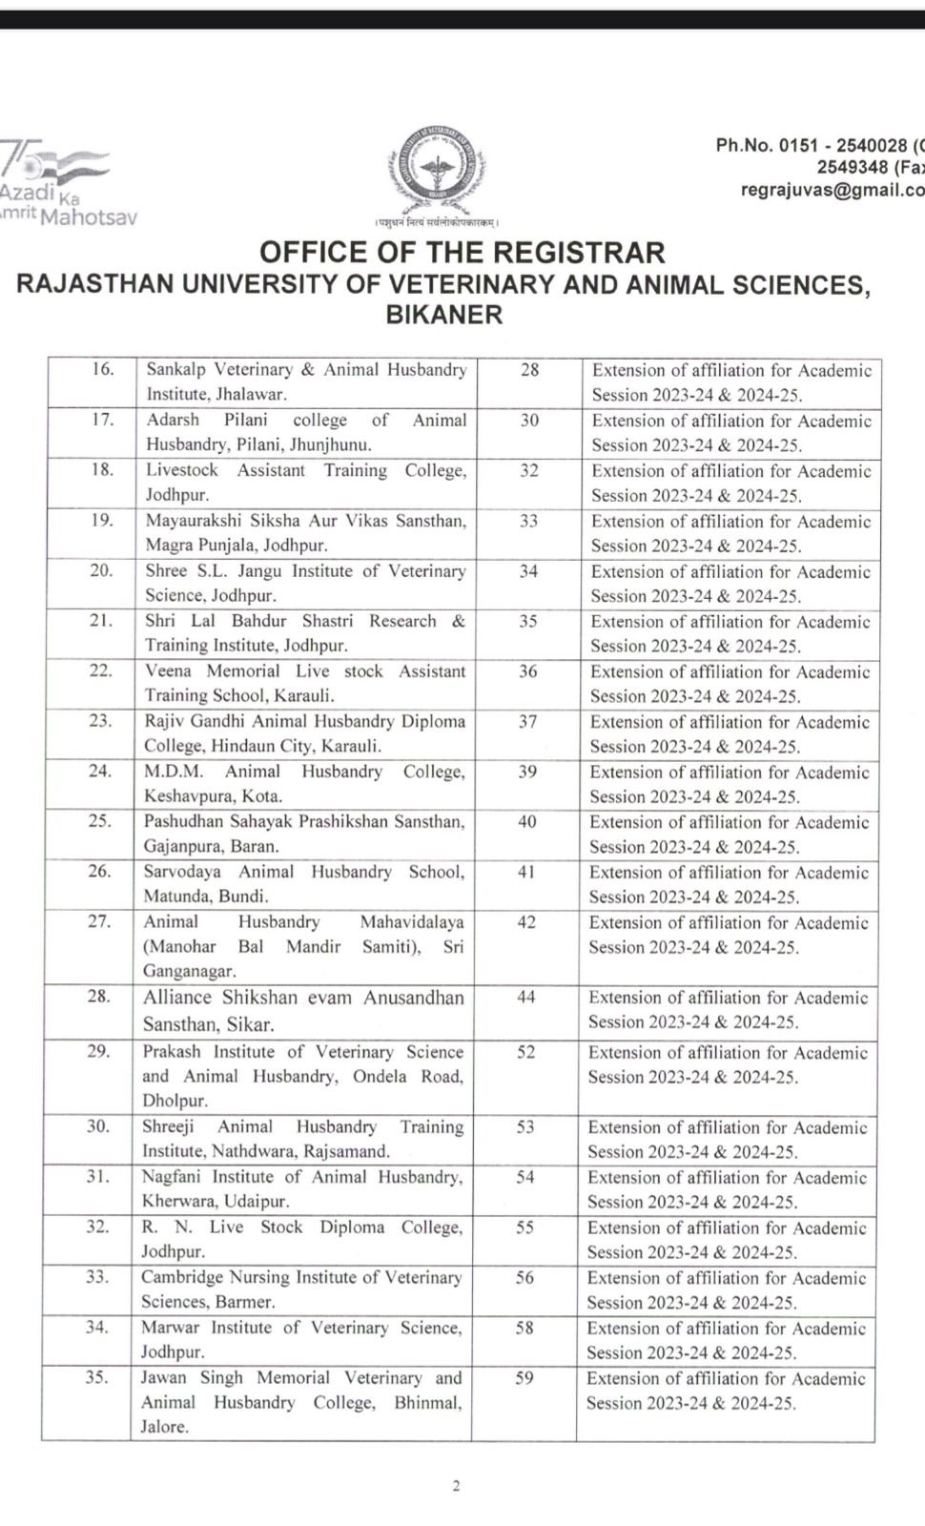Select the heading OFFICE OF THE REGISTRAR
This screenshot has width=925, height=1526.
(x=462, y=253)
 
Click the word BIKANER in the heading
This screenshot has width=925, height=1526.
(x=443, y=315)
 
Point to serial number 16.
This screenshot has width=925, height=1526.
(x=102, y=369)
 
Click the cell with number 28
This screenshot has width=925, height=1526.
(x=529, y=370)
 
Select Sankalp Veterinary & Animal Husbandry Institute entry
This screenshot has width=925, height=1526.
(x=306, y=381)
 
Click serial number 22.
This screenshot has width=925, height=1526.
(x=100, y=670)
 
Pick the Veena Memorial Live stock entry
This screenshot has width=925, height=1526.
(x=305, y=683)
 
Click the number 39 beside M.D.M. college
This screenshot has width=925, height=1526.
(x=527, y=772)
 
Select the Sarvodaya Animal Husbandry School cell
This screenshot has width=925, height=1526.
(x=304, y=884)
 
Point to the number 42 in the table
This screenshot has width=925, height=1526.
(x=526, y=922)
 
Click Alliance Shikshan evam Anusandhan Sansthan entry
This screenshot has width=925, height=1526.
(x=303, y=1011)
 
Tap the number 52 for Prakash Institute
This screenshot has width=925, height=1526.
(x=525, y=1052)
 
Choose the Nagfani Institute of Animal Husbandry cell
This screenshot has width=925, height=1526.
(x=302, y=1189)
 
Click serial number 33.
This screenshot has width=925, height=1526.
(x=97, y=1277)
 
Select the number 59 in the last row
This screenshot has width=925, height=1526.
(x=524, y=1378)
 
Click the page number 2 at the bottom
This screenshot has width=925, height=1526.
(x=456, y=1485)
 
